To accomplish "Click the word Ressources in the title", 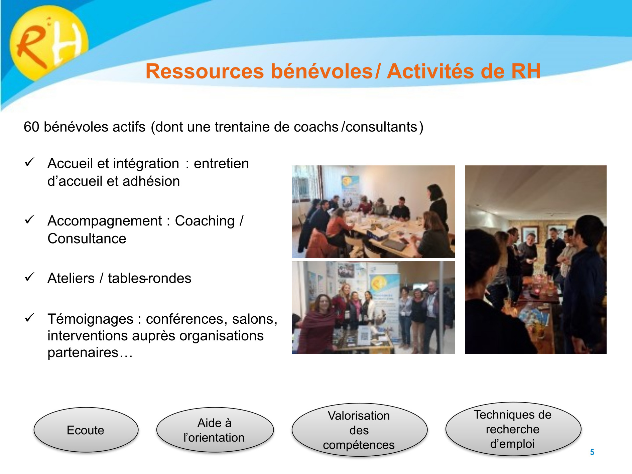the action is (205, 71).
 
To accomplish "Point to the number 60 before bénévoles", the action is (31, 127).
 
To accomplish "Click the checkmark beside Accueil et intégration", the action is (30, 162).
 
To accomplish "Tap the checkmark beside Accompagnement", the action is (30, 220).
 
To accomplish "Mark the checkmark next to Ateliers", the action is (30, 277).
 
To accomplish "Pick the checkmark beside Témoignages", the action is (30, 318).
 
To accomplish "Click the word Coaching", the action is (205, 221).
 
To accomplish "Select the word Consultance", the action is (87, 239).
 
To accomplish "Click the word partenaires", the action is (83, 353).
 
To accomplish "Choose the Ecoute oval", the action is (86, 430).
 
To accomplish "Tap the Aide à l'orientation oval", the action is (215, 430).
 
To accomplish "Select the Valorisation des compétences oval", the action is (359, 430).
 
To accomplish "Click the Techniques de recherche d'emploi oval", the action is (513, 429).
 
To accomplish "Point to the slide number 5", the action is (592, 452).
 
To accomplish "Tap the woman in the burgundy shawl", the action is (319, 324).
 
